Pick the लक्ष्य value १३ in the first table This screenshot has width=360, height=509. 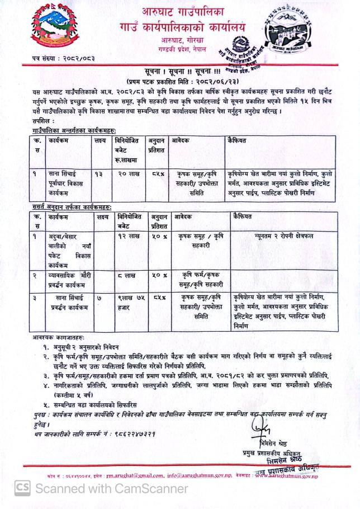click(x=98, y=174)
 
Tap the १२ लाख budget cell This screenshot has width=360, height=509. click(x=127, y=236)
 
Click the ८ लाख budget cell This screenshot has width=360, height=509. click(x=127, y=275)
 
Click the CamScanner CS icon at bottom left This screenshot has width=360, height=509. click(x=21, y=488)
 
